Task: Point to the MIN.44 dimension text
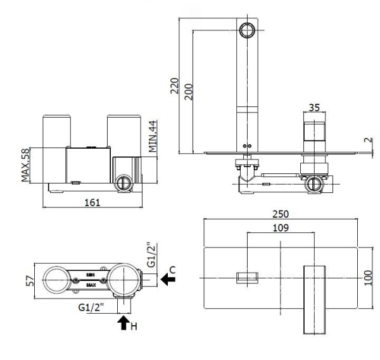153,133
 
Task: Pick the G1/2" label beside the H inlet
91,308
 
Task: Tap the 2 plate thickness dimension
369,140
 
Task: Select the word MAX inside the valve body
92,285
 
